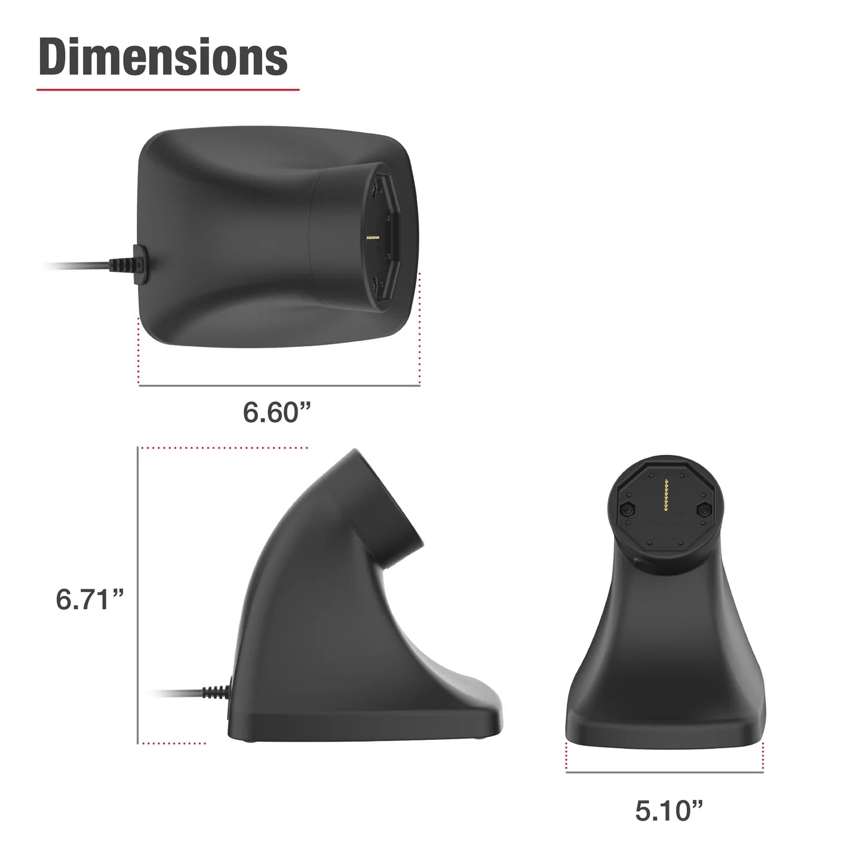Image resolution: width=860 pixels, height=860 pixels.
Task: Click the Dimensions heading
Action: (x=163, y=57)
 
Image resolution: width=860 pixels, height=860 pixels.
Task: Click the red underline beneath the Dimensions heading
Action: (x=168, y=90)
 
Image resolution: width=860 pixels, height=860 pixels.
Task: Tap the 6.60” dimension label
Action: (x=278, y=411)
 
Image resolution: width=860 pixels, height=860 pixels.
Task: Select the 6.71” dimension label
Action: (x=90, y=599)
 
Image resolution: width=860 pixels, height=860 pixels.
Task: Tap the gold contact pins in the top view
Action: (x=373, y=238)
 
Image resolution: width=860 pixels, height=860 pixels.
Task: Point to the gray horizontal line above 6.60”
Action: (x=279, y=386)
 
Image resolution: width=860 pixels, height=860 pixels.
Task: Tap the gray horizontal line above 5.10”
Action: (x=664, y=773)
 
